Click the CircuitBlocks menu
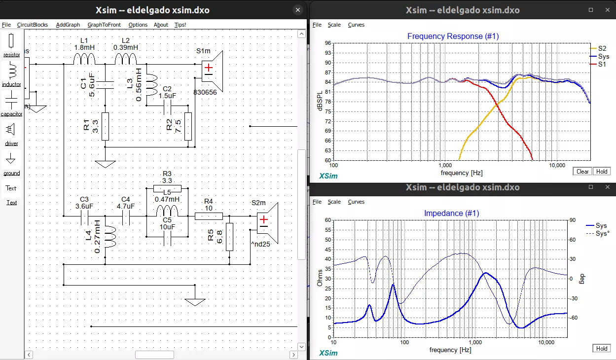point(33,25)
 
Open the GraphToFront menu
point(104,25)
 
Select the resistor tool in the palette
point(12,42)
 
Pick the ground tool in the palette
point(11,159)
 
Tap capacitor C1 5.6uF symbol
point(105,85)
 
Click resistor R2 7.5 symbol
point(188,126)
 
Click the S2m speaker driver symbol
point(268,223)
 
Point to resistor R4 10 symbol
point(209,216)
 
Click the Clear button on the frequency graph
point(582,172)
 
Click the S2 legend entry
point(602,48)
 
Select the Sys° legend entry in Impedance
point(602,233)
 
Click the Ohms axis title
point(320,278)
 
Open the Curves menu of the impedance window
point(356,202)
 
